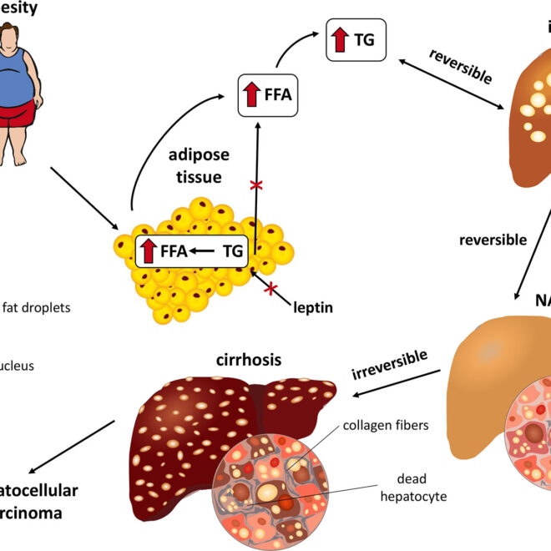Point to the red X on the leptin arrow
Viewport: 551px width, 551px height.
point(270,290)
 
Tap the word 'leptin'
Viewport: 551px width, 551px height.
point(313,308)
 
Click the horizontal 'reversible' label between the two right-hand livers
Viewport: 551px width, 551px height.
point(493,240)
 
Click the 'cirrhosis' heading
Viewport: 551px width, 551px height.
point(247,361)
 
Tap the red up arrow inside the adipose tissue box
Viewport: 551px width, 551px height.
point(148,250)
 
